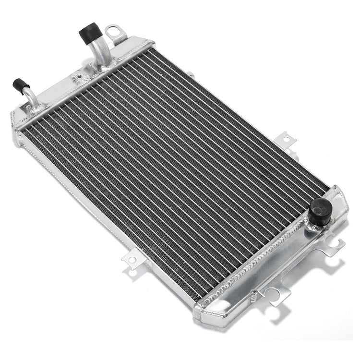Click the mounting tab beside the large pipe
pos(115,34)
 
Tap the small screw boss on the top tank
pos(77,77)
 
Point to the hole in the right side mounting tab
pos(287,140)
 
